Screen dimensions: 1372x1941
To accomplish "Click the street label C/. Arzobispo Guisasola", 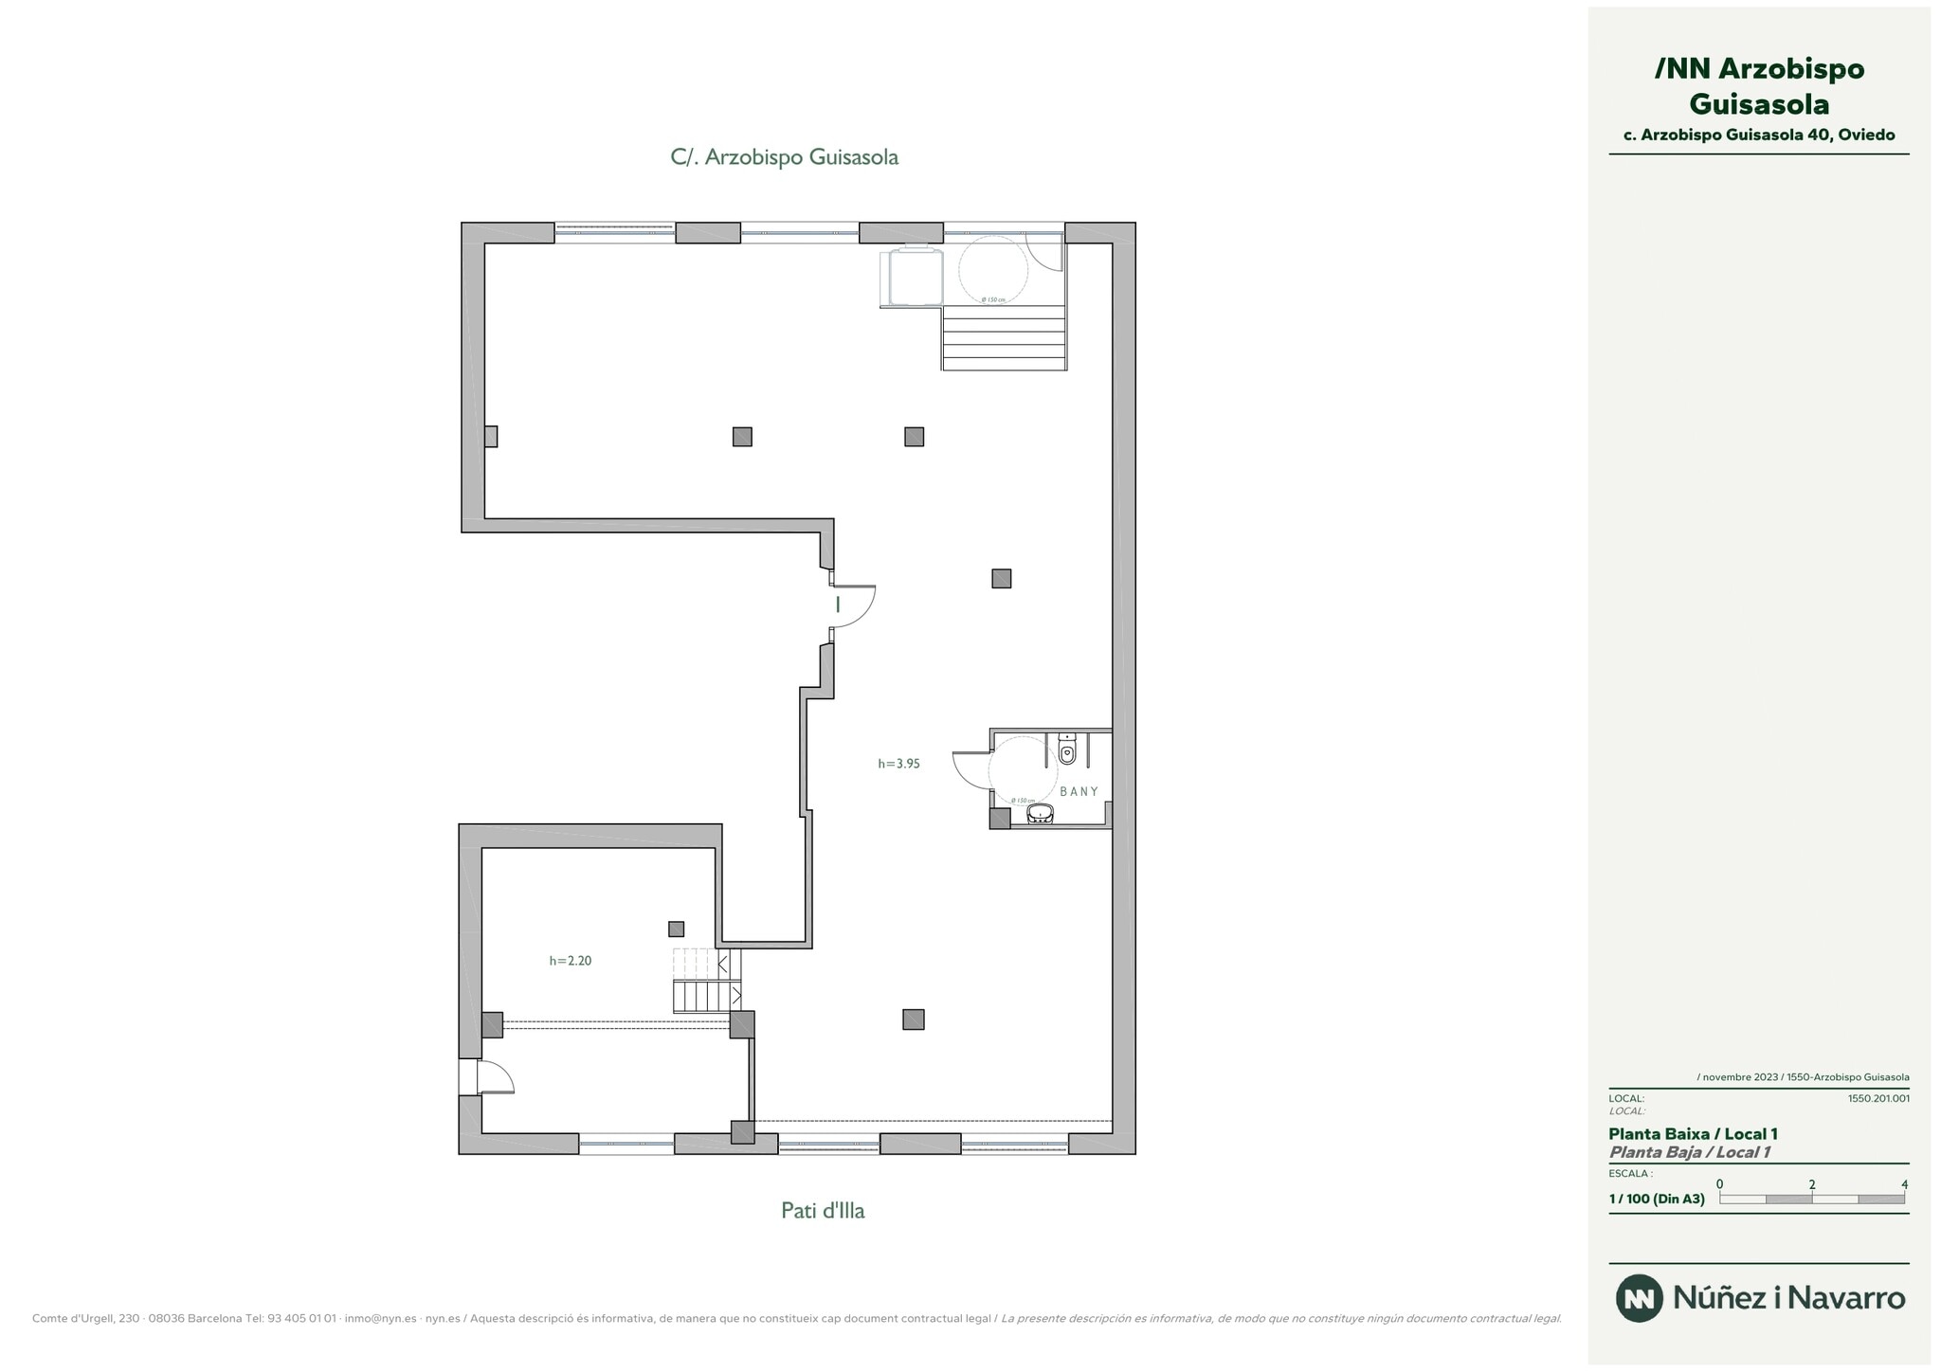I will (784, 157).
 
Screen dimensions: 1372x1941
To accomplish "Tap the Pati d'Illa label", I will (823, 1210).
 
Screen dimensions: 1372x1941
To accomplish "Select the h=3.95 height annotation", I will (898, 763).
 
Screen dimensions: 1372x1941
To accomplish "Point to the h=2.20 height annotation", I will (570, 960).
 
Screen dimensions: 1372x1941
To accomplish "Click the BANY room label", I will (1079, 791).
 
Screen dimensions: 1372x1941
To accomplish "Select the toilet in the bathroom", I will (1067, 750).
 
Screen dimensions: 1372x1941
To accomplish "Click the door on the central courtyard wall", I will (856, 606).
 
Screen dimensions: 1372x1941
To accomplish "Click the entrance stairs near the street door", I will (1004, 337).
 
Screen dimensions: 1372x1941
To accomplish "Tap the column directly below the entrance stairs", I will (914, 437).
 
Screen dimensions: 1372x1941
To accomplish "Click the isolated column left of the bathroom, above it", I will (1001, 578).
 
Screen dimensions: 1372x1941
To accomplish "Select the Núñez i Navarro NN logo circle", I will (1639, 1298).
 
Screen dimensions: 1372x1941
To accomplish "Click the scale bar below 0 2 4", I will (1811, 1199).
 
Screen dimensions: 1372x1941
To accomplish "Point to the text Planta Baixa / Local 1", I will (1693, 1133).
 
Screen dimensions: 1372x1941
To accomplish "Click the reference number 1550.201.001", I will (1878, 1098).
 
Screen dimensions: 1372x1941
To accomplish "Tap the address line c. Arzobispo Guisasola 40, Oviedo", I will (1758, 135).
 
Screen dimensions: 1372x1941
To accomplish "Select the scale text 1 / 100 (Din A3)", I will (1656, 1199).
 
